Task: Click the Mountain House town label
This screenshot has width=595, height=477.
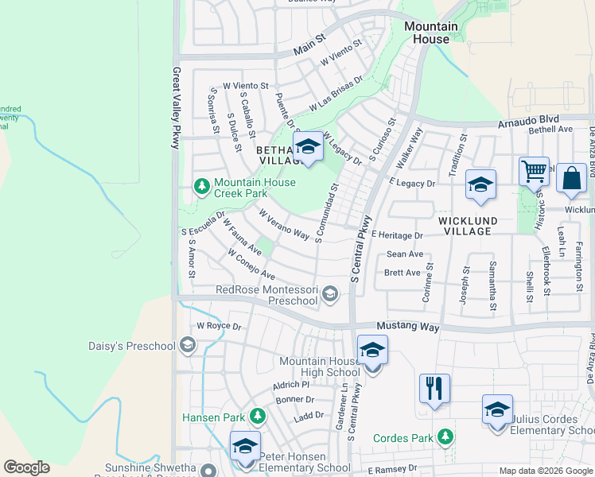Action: click(x=431, y=33)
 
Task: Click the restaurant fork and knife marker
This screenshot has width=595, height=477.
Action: click(x=434, y=389)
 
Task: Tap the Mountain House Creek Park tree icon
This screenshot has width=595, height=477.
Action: click(x=202, y=187)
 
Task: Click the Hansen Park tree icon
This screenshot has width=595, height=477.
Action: click(x=257, y=416)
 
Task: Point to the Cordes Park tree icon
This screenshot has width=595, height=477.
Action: click(x=445, y=436)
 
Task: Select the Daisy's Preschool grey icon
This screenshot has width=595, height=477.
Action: click(x=187, y=345)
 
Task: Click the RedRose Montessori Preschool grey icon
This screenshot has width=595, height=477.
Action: click(x=329, y=296)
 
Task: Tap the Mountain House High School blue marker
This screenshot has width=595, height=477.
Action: click(x=372, y=351)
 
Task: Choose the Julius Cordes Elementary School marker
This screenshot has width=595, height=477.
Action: click(x=497, y=410)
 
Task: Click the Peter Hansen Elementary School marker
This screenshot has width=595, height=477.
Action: click(x=245, y=446)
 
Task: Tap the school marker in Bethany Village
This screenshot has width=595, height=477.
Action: click(x=308, y=146)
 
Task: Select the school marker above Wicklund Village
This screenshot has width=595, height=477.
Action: click(x=480, y=185)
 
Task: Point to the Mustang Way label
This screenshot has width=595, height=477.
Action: click(x=407, y=327)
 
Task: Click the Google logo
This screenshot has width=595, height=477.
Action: click(x=26, y=467)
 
